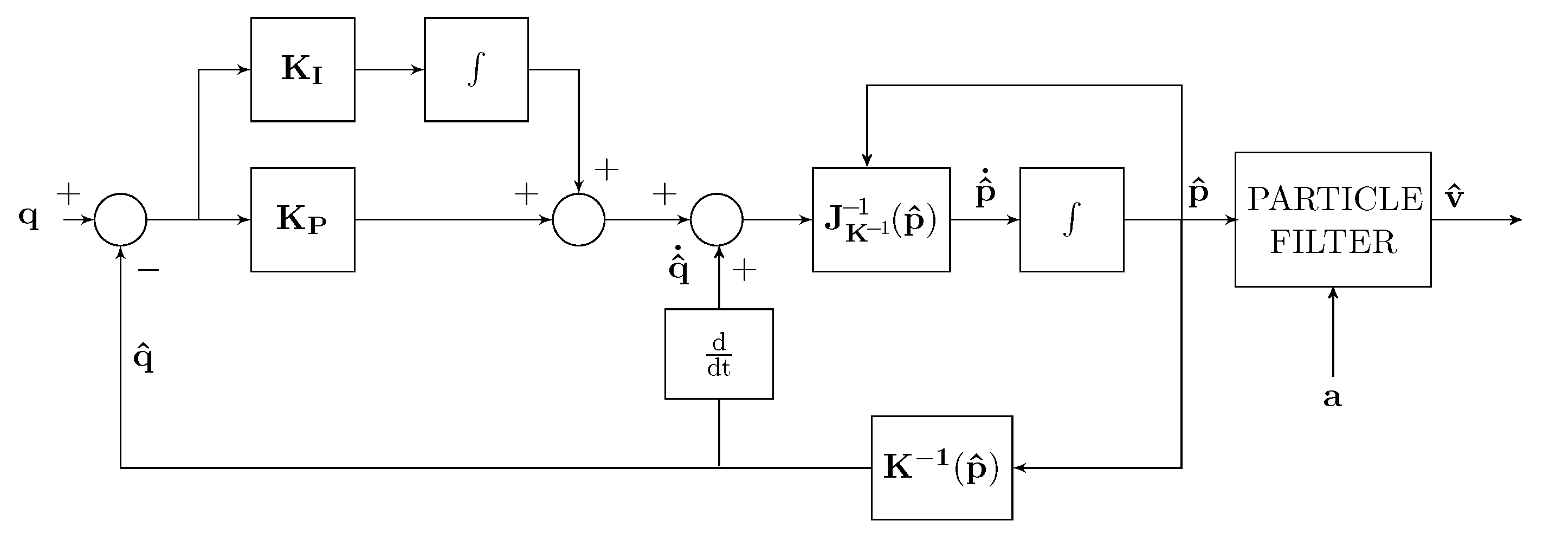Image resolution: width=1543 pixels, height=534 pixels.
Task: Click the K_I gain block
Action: pyautogui.click(x=302, y=69)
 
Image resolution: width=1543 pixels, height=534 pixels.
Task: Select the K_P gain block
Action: pyautogui.click(x=302, y=219)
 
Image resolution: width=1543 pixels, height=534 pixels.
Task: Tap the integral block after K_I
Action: pyautogui.click(x=476, y=69)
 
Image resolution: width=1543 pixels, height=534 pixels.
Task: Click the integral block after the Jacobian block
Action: pyautogui.click(x=1071, y=219)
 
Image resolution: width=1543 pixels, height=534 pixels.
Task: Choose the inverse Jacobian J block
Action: pyautogui.click(x=881, y=219)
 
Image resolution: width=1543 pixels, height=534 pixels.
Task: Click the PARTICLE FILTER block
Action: pyautogui.click(x=1333, y=219)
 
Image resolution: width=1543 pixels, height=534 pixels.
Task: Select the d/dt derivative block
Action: pyautogui.click(x=719, y=354)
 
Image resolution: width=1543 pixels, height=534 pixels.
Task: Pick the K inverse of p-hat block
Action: pyautogui.click(x=941, y=467)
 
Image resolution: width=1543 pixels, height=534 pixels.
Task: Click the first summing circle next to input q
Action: pyautogui.click(x=120, y=219)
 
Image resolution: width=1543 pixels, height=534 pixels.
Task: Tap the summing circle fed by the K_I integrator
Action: pyautogui.click(x=579, y=219)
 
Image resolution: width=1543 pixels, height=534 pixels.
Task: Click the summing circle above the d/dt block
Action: pyautogui.click(x=716, y=219)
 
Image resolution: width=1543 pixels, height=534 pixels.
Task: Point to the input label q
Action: pyautogui.click(x=28, y=217)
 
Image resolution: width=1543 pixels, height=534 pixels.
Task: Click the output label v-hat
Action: pyautogui.click(x=1454, y=197)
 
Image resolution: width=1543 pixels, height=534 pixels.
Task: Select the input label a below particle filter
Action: pyautogui.click(x=1332, y=397)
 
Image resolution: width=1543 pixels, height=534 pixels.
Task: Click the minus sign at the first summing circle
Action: pyautogui.click(x=149, y=271)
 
